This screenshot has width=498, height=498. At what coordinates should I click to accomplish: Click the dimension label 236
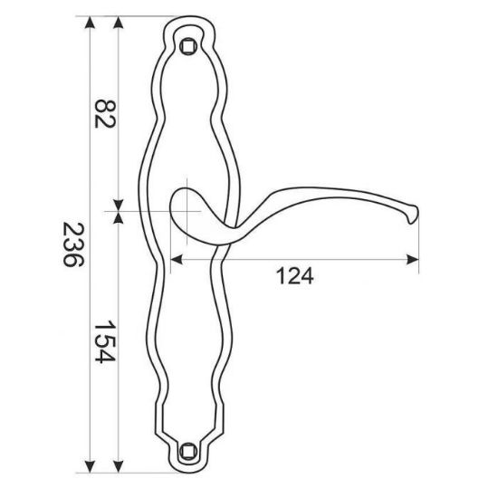click(x=73, y=244)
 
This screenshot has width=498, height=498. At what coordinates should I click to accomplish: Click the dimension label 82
click(x=105, y=114)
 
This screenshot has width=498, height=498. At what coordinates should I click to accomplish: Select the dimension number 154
click(x=104, y=341)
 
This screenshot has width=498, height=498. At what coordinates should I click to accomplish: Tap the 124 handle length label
click(x=295, y=276)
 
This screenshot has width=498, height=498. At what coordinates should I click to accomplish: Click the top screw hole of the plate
click(x=187, y=46)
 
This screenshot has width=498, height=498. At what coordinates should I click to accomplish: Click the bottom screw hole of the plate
click(x=187, y=451)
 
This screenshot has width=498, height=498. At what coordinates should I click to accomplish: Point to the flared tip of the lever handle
click(x=413, y=214)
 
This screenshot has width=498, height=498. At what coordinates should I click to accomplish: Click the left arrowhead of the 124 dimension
click(x=177, y=259)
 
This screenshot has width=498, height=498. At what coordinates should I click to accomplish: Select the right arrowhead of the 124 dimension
click(x=413, y=259)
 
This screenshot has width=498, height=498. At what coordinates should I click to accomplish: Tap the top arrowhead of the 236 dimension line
click(x=91, y=23)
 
